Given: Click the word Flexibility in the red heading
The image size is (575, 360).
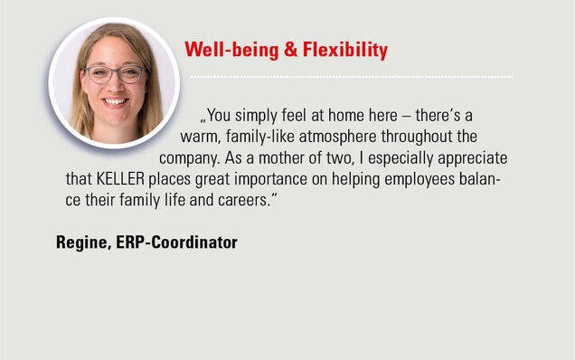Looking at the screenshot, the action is point(345,51).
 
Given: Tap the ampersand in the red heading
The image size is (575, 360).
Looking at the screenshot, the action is point(290,50).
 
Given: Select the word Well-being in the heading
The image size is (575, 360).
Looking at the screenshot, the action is point(231,51).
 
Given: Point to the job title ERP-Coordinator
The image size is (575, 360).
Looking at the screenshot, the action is point(177,242).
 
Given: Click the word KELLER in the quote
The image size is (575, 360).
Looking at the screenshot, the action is point(120,179).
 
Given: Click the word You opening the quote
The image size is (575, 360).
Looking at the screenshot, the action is point(219,116).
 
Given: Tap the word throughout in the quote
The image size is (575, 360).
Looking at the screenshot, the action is point(417,137).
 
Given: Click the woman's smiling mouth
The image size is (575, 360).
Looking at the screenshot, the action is point(115,101).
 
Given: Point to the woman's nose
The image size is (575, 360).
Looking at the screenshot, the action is point(117,85).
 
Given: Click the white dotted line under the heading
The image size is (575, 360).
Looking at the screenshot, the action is point(352,77).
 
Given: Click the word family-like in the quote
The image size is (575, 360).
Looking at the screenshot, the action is point(260,137).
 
